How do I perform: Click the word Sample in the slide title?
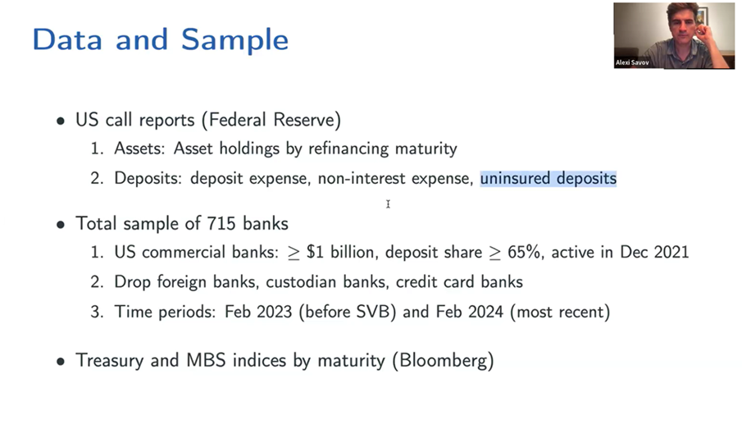(x=234, y=40)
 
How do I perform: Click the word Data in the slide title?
(x=66, y=39)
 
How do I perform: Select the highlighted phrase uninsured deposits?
(x=548, y=179)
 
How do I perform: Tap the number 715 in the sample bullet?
(x=221, y=223)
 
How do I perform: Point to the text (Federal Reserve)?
(x=271, y=120)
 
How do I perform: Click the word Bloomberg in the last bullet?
(x=443, y=361)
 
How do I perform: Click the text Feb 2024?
(x=470, y=312)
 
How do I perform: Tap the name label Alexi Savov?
(x=632, y=62)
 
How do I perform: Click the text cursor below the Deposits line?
(x=388, y=204)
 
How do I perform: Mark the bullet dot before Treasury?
(x=61, y=362)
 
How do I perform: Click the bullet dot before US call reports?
(x=61, y=121)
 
